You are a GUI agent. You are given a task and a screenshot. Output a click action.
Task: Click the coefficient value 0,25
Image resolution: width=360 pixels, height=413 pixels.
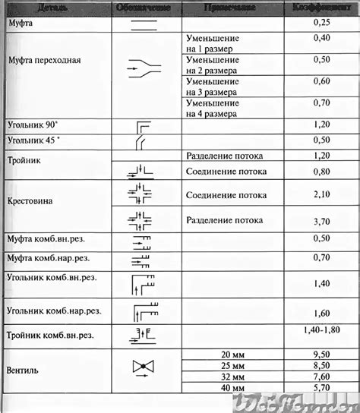click(322, 24)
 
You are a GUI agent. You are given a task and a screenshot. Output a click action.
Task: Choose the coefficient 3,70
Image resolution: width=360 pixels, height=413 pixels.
click(322, 222)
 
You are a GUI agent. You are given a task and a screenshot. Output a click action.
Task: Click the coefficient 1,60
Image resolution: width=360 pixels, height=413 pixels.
click(322, 312)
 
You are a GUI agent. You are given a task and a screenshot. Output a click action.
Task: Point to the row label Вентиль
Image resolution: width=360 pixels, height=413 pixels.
click(24, 371)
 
